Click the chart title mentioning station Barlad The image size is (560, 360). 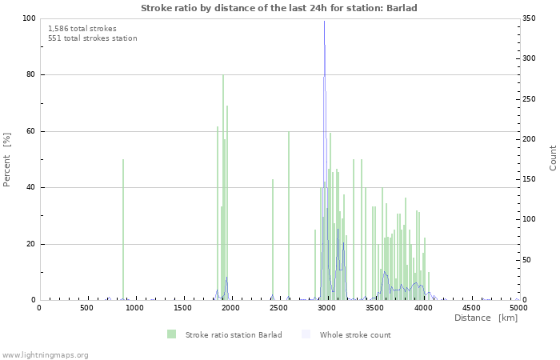(279, 8)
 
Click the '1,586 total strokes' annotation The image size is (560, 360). (82, 28)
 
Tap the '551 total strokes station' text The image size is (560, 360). (92, 38)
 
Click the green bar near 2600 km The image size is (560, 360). (289, 216)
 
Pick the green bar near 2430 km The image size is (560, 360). (273, 240)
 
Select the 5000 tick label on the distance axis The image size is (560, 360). (518, 308)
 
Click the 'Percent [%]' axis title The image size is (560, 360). (7, 159)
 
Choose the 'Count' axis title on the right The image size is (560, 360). (553, 158)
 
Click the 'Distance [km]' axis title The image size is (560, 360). (486, 318)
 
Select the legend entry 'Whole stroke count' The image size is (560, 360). (355, 334)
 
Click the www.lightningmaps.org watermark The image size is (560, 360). (45, 354)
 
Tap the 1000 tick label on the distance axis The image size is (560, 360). (134, 308)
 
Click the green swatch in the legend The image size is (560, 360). (172, 334)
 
